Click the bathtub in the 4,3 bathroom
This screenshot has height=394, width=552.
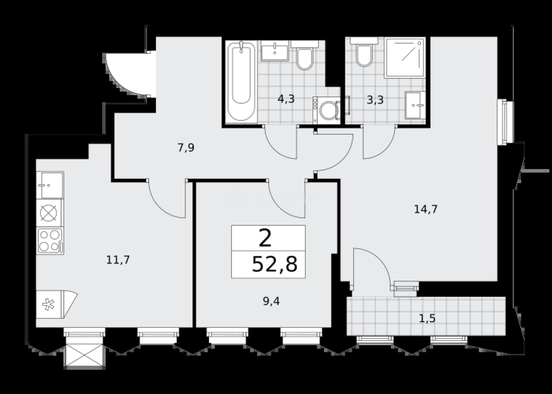(241, 82)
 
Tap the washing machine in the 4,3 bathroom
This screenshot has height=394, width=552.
(327, 110)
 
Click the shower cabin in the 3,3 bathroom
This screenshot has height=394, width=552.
(405, 58)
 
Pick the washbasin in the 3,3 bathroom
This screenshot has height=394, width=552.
(416, 105)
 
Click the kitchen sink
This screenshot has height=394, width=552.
(50, 185)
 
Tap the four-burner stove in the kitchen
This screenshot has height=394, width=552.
(50, 240)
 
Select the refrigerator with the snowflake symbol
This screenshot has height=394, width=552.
(57, 305)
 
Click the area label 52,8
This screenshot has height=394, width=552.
(275, 265)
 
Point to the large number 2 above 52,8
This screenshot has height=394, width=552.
(265, 238)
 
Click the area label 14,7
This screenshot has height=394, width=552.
(426, 210)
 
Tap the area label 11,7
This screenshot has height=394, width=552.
(118, 260)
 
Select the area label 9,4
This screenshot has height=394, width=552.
(271, 301)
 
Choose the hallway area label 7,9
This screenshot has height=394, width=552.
(186, 148)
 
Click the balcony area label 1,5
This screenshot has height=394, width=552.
(427, 318)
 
